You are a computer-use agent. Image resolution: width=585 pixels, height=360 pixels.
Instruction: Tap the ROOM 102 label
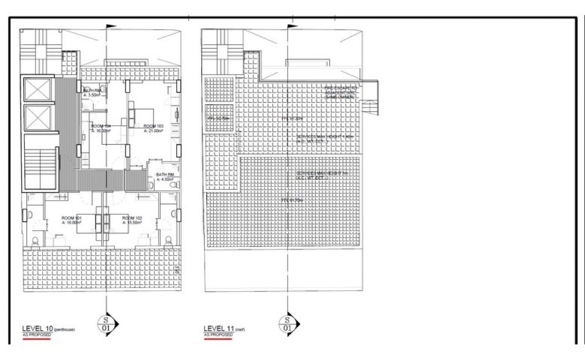pos(132,220)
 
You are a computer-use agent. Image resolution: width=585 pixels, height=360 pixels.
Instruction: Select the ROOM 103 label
pos(153,128)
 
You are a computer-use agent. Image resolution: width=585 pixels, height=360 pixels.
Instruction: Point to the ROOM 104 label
pos(101,128)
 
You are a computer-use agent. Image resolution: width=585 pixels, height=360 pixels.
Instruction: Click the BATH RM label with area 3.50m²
pos(93,93)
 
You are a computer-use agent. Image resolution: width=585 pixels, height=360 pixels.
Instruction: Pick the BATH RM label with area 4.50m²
pos(165,177)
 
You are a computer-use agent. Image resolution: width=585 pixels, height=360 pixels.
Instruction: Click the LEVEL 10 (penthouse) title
pos(48,329)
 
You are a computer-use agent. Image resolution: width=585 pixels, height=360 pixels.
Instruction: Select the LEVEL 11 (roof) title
pos(224,329)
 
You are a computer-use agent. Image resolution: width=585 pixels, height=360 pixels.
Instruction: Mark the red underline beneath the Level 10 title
pos(37,339)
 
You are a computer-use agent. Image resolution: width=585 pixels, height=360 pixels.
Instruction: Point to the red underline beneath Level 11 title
pos(218,339)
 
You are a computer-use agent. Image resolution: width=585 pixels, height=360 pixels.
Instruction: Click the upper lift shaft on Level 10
pos(39,89)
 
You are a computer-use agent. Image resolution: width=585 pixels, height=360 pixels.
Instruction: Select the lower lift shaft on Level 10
pos(39,118)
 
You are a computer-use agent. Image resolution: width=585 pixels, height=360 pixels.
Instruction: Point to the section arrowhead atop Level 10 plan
pos(111,25)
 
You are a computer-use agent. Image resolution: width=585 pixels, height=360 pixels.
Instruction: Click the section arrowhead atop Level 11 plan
pos(293,25)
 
